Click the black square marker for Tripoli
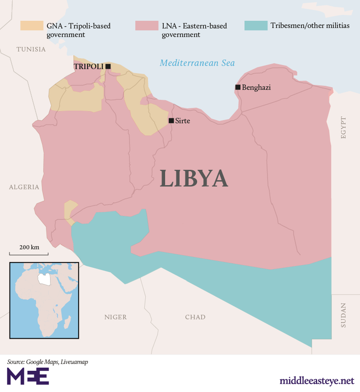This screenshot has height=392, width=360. pos(108,66)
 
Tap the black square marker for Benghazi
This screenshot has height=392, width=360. pos(238,87)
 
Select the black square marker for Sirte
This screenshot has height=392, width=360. pos(171,121)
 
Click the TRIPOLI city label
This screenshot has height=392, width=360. pos(88,66)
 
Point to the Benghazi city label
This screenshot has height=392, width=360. pos(256,88)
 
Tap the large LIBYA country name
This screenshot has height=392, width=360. pos(194,178)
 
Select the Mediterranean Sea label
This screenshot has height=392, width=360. pos(198,63)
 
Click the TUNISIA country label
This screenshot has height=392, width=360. pos(31,49)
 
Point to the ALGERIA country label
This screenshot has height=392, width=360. pos(24,187)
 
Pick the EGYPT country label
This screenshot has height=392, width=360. pos(343,127)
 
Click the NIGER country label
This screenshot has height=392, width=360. pos(115,317)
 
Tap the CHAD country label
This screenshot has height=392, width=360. pos(195,317)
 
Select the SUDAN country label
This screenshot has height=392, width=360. pos(343,315)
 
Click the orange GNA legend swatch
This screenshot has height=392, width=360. pos(32,26)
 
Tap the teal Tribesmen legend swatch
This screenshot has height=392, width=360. pos(255,26)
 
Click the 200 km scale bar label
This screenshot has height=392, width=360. pos(29,247)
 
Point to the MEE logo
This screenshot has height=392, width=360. pos(28,376)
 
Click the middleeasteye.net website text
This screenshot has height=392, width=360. pos(316,381)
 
